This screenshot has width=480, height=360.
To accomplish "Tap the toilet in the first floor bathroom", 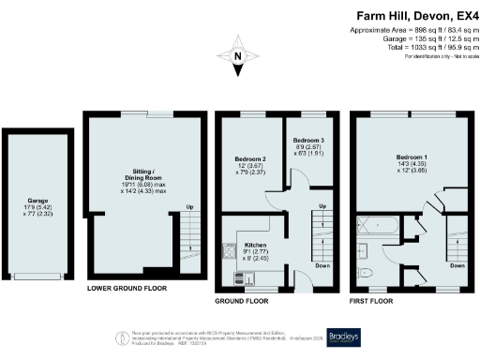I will tap(368, 270).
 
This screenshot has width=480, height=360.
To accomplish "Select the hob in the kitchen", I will tap(229, 250).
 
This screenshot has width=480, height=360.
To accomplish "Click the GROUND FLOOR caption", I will tap(243, 302).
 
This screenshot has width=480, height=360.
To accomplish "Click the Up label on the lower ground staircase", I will tap(190, 207).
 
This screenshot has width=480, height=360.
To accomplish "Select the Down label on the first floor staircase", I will tap(457, 265).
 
